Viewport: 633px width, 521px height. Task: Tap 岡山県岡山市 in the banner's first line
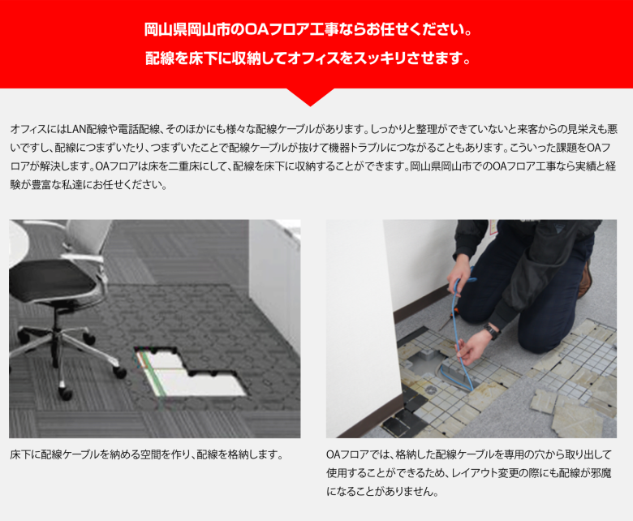187,30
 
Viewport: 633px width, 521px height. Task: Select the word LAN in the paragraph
75,129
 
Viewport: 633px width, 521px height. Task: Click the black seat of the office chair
53,279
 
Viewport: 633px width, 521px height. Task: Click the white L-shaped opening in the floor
190,373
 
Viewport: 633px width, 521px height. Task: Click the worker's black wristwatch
491,331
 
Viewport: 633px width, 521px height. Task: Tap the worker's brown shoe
584,278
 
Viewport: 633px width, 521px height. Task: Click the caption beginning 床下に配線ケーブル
146,454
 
